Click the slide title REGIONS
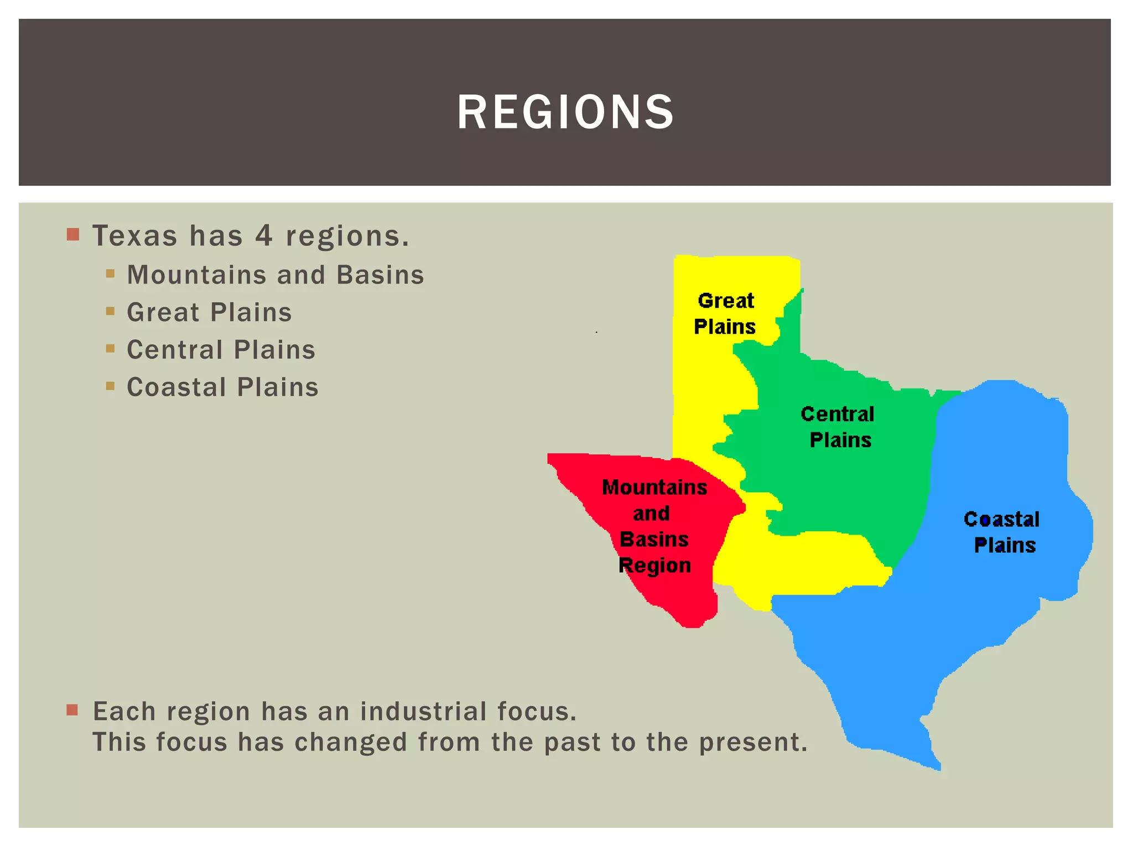(x=565, y=112)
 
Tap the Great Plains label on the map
(x=725, y=314)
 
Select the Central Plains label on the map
(x=838, y=427)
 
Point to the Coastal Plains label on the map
(x=1002, y=532)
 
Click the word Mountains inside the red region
(x=654, y=488)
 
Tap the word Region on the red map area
(x=654, y=566)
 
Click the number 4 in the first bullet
(x=264, y=236)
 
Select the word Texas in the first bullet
(x=135, y=236)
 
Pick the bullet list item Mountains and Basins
(x=276, y=275)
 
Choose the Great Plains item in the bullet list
(x=209, y=313)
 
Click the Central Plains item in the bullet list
(x=221, y=350)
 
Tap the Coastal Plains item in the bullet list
(x=222, y=387)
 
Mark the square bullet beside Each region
(x=72, y=709)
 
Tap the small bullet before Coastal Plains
(x=110, y=386)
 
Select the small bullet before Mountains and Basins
(x=110, y=273)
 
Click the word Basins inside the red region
(x=654, y=540)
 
